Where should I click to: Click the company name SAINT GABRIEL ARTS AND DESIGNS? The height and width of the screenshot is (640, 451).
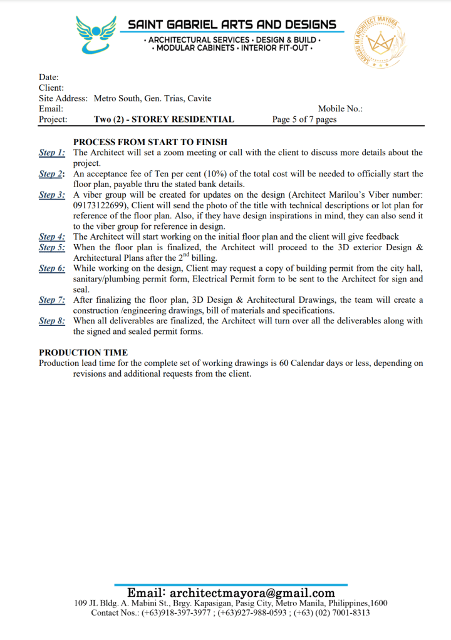[x=232, y=24]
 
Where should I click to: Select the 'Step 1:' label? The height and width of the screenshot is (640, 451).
[x=52, y=153]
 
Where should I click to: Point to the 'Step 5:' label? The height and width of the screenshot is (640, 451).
[x=52, y=247]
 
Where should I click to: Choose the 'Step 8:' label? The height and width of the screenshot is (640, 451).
[x=52, y=321]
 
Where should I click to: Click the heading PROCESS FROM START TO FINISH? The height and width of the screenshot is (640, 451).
[x=150, y=142]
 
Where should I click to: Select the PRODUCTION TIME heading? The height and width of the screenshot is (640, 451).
[x=83, y=353]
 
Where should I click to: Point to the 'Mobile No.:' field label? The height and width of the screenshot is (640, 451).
[x=340, y=109]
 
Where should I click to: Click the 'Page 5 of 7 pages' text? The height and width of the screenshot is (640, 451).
[x=304, y=119]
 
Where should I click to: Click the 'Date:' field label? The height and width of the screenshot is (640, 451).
[x=49, y=77]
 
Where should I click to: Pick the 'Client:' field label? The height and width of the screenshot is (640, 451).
[x=51, y=88]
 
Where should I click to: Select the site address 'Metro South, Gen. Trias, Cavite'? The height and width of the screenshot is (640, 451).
[x=152, y=98]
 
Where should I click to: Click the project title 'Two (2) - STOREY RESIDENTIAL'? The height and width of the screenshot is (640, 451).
[x=164, y=119]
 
